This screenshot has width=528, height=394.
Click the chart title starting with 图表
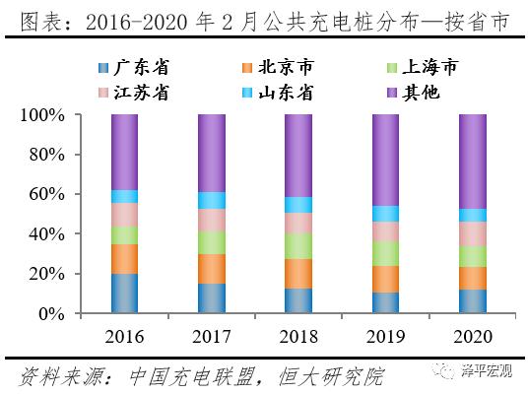click(x=263, y=20)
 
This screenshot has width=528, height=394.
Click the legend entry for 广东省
click(x=134, y=68)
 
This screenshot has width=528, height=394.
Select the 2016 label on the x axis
click(x=124, y=337)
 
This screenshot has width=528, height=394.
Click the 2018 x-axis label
click(x=297, y=337)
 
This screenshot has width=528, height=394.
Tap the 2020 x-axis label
click(x=471, y=337)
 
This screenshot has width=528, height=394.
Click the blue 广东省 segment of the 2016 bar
click(x=124, y=294)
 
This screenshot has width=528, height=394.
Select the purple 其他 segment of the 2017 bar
click(x=211, y=153)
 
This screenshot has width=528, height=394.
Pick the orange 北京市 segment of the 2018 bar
click(x=297, y=273)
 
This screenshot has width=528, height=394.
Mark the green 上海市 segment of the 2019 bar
click(x=384, y=253)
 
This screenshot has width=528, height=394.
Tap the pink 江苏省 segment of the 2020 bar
click(x=471, y=233)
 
